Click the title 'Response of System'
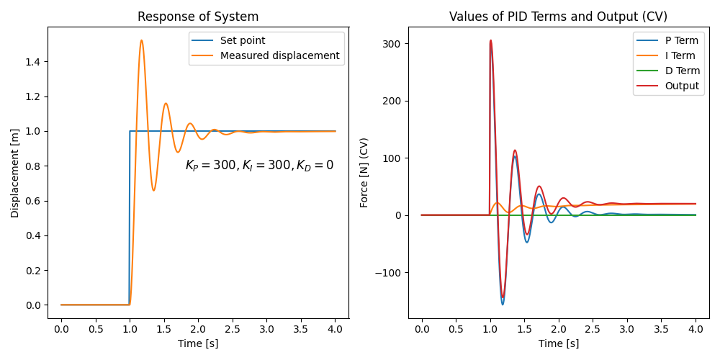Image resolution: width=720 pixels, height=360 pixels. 198,17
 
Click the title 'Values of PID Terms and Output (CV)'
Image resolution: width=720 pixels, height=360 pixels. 558,17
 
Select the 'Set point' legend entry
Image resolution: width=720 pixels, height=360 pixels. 243,41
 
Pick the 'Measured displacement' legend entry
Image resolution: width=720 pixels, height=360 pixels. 279,55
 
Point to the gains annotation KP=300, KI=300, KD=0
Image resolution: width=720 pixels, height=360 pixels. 259,166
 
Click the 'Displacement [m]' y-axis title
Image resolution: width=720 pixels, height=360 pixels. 15,173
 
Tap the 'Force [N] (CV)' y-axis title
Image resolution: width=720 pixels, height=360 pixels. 365,173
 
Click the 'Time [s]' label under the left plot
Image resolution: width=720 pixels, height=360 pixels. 198,343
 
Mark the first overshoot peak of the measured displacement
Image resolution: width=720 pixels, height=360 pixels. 141,40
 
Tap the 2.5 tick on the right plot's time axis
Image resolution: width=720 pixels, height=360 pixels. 593,330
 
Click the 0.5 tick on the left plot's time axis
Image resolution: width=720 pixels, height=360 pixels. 95,330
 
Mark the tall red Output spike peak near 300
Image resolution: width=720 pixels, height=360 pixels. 491,40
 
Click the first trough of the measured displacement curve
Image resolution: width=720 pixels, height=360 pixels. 153,190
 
